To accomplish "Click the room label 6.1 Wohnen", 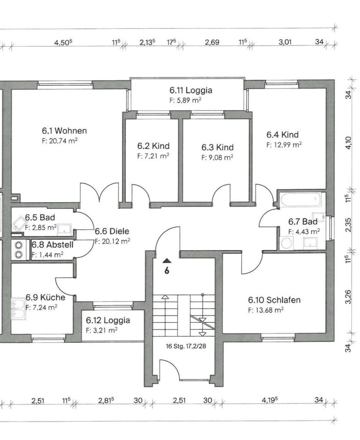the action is coord(64,131).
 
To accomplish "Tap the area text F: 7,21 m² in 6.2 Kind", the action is coord(153,156).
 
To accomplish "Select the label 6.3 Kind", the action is coord(217,148).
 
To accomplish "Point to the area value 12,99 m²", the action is coord(284,144).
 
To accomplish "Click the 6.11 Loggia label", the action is coord(184,90).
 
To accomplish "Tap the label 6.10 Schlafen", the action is coord(274,300).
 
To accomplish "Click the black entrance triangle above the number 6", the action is coord(166,261).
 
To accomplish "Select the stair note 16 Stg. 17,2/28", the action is coord(186,346).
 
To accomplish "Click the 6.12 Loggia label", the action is coord(108,320).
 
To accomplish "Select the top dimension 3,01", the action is coord(285,43).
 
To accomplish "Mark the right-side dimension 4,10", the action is coord(349,143).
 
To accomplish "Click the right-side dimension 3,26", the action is coord(349,297).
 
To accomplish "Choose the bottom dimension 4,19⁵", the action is coord(271,400).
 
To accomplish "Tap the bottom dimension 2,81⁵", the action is coord(106,400).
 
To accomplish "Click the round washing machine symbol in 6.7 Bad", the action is coord(287,243).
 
